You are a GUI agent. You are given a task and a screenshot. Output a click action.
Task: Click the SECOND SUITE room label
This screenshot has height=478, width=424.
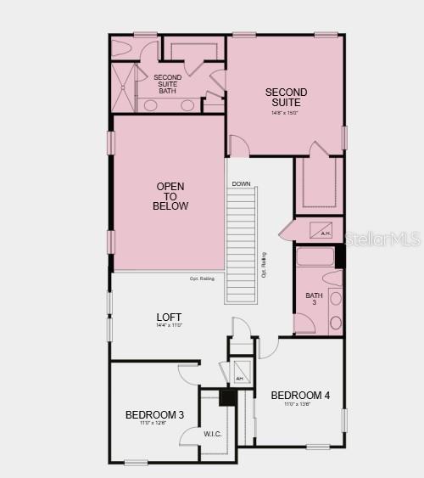point(286,97)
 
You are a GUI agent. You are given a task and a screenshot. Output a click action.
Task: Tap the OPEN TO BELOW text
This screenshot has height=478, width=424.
point(170,196)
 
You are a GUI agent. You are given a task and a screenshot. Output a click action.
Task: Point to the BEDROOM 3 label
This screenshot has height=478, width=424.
point(154,414)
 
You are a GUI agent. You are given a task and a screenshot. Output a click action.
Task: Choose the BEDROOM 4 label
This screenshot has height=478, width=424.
point(300,395)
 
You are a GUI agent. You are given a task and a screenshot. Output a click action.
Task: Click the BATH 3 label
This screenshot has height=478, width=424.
point(314,299)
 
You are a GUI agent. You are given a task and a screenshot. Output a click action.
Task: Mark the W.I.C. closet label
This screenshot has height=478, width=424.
point(212,434)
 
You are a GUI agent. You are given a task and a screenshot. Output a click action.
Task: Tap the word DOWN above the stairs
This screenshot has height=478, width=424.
point(241,183)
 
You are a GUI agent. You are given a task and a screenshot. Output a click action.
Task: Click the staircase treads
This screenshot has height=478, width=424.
point(240,246)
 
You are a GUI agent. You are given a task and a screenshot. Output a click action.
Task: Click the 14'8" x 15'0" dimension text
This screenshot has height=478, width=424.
point(286,113)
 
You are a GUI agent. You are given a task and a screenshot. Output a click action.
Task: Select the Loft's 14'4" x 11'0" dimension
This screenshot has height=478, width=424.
point(170,325)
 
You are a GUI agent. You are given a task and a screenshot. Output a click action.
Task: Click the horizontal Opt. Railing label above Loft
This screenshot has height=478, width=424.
point(201,278)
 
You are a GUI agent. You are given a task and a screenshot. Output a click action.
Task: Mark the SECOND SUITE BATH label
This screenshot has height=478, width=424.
point(167,83)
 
